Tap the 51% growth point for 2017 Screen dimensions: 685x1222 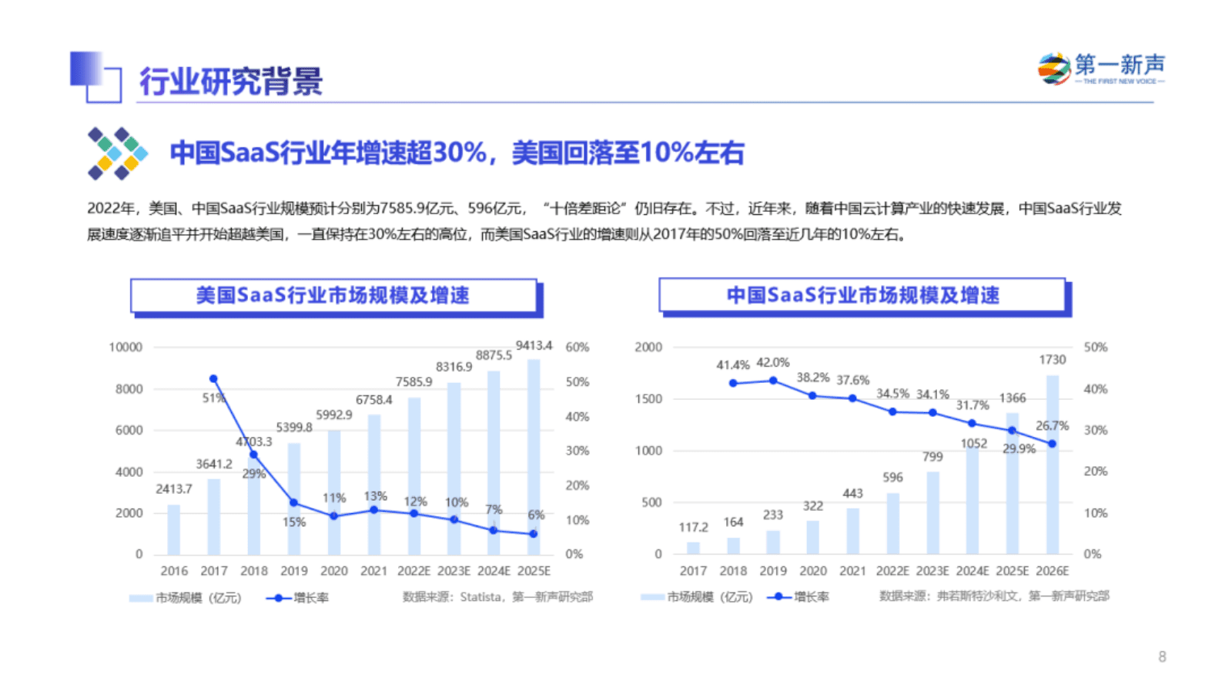[x=213, y=379]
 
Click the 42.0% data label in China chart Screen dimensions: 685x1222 [x=772, y=362]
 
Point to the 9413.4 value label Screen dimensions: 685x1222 [x=534, y=345]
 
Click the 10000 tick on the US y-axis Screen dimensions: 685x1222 [x=126, y=348]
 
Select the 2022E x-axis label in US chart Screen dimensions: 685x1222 [x=413, y=571]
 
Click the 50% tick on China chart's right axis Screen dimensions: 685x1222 [x=1095, y=348]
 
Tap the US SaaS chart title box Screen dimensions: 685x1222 [x=333, y=296]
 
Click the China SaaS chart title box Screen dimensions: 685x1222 [x=862, y=296]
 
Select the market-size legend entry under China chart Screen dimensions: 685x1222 [x=696, y=597]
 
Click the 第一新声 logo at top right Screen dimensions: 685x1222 [x=1101, y=69]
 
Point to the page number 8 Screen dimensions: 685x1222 [x=1162, y=656]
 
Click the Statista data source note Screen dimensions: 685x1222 [x=497, y=597]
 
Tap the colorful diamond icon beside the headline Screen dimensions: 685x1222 [x=117, y=153]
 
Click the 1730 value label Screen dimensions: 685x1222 [x=1052, y=360]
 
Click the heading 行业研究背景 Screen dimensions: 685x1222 [x=230, y=82]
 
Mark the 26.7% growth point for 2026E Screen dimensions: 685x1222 [x=1052, y=444]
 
